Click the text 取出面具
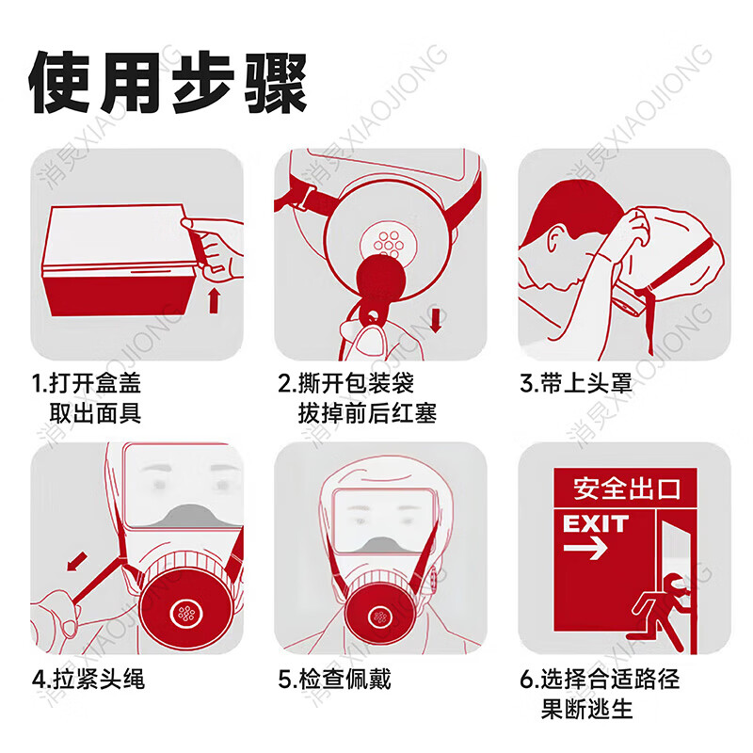95,412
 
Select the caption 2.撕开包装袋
345,383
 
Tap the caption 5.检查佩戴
334,678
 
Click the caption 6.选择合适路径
600,678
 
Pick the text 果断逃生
586,708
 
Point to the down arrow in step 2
437,320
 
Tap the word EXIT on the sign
595,523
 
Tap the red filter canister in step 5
379,617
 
